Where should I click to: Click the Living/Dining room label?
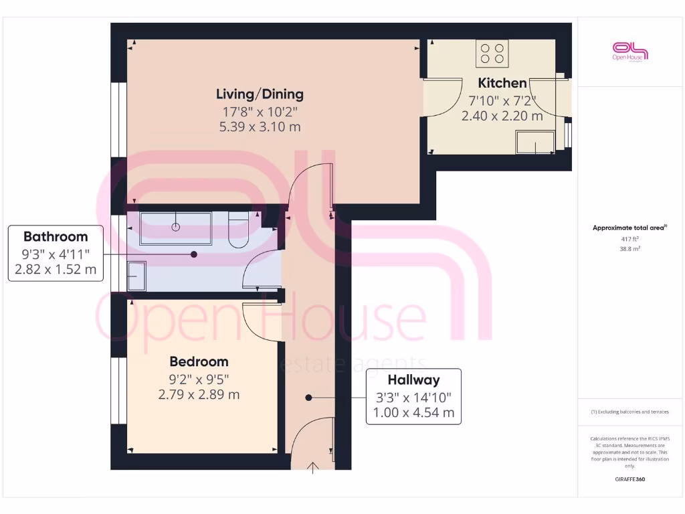click(x=260, y=94)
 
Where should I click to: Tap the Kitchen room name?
click(x=502, y=83)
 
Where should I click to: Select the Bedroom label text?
click(x=199, y=361)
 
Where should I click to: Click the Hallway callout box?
click(x=413, y=396)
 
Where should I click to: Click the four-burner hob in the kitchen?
click(x=492, y=54)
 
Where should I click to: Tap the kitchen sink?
click(x=534, y=142)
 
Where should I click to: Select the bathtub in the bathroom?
click(x=175, y=228)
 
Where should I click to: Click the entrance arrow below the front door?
click(x=313, y=468)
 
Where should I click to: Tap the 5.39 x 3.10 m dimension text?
click(x=260, y=127)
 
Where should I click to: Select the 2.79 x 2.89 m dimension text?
click(x=199, y=395)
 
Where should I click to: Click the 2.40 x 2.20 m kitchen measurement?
click(x=502, y=116)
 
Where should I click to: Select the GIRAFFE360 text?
click(x=629, y=479)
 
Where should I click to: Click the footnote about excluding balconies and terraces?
click(x=629, y=412)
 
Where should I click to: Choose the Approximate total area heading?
click(x=629, y=228)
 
